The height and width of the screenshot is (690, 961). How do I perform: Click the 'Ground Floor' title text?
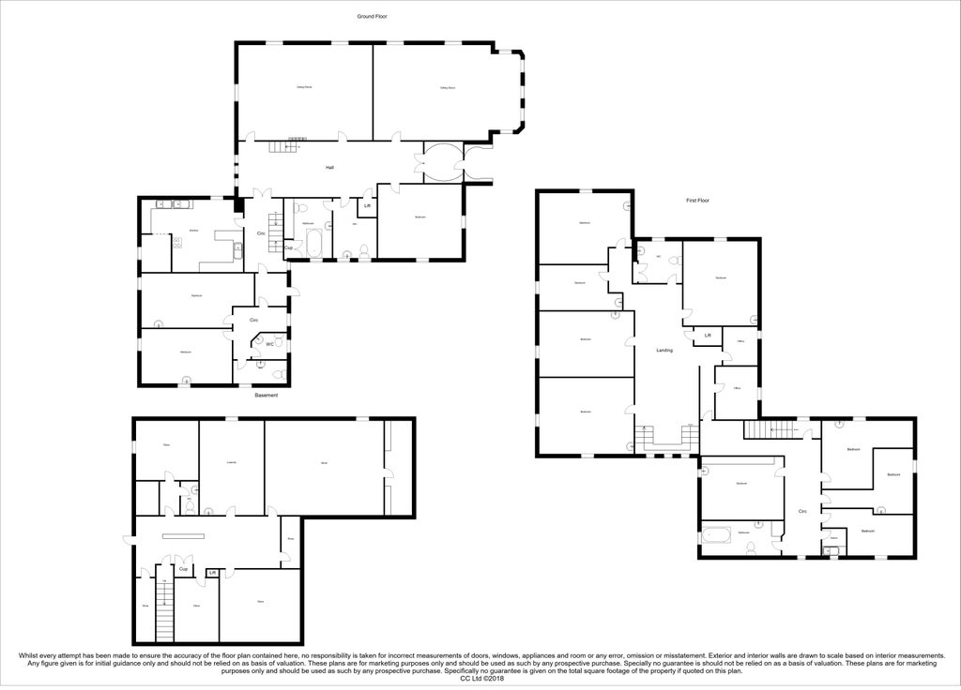[x=372, y=16]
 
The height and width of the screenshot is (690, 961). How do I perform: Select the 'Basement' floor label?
[x=266, y=396]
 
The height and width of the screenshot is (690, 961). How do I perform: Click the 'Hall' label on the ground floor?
[x=329, y=168]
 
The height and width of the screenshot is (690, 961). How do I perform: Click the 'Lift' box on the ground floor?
[x=367, y=205]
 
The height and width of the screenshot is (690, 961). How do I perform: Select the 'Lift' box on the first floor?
[x=708, y=335]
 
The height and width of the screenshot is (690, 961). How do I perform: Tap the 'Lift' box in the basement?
[x=212, y=573]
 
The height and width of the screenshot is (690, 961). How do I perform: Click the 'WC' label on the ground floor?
[x=269, y=344]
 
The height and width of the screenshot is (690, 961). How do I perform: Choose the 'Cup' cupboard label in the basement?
[x=184, y=569]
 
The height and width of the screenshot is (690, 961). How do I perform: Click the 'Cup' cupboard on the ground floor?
[x=288, y=247]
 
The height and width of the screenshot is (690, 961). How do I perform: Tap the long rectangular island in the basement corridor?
[x=183, y=536]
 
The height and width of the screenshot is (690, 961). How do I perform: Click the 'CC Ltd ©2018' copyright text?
[x=480, y=679]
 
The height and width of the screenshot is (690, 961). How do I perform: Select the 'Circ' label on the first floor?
[x=802, y=511]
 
